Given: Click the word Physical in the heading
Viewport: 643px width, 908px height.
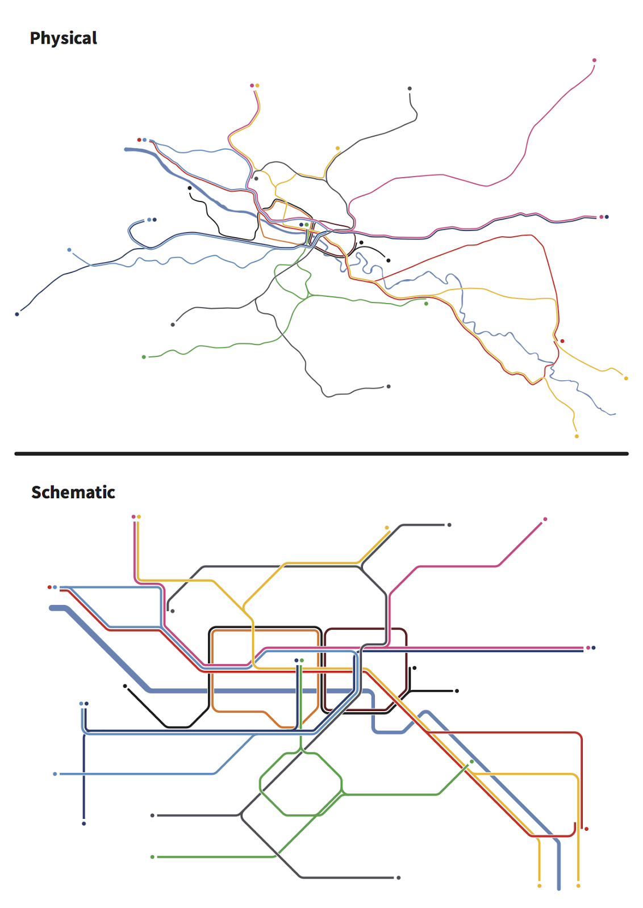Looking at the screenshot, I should tap(63, 38).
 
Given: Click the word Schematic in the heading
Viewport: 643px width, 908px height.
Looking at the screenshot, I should tap(73, 492).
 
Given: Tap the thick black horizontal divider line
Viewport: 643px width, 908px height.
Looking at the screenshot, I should tap(321, 453).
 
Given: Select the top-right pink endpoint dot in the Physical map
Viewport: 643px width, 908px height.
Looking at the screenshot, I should tap(594, 60).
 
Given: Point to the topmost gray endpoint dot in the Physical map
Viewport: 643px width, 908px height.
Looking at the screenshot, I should tap(410, 89).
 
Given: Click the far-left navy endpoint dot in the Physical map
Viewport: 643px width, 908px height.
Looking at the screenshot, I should tap(17, 314).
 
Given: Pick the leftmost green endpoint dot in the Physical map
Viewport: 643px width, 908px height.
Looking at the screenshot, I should tap(144, 357).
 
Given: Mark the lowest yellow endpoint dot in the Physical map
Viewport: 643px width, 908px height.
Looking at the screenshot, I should tap(577, 436).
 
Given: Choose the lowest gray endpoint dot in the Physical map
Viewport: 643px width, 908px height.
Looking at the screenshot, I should tap(389, 386).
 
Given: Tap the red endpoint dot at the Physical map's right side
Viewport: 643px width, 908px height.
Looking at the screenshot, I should tap(562, 341).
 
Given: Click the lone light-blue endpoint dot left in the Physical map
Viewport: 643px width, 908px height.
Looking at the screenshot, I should tap(69, 250).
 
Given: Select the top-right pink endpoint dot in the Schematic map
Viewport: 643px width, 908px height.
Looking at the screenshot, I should tap(545, 519).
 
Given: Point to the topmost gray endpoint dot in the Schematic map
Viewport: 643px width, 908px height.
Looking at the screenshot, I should tap(449, 525).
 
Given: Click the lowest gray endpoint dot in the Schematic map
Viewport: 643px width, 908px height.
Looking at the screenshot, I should tap(399, 878).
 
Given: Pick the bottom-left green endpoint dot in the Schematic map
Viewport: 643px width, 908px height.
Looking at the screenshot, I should tap(152, 857).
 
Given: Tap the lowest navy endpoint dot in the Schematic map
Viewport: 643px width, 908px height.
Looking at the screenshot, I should tap(84, 823).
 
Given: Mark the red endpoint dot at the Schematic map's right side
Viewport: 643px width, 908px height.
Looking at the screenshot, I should tap(586, 829).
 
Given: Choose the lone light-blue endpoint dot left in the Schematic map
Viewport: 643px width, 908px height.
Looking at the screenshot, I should tap(55, 774).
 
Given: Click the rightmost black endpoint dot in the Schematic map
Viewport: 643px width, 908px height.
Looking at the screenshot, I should tap(457, 691).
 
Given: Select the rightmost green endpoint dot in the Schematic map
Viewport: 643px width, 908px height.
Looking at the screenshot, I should tap(471, 762).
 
